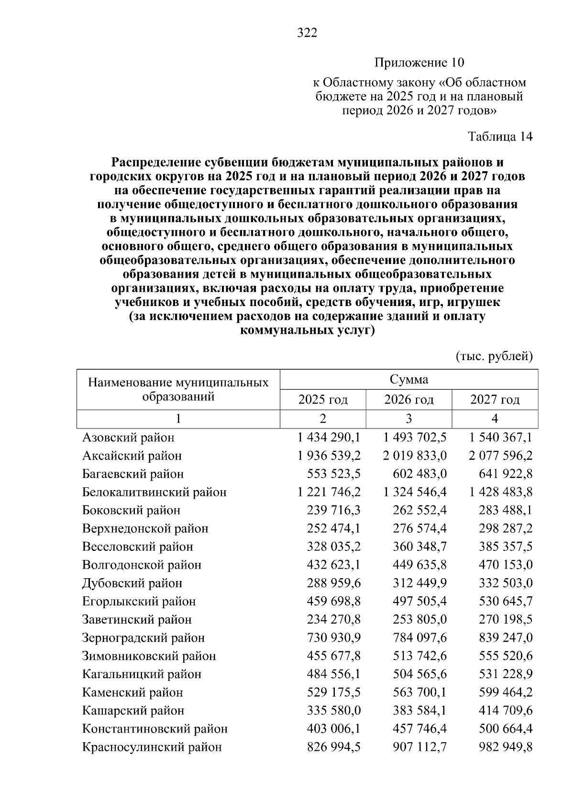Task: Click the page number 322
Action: coord(307,33)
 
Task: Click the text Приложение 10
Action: coord(419,63)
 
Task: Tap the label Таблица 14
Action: coord(500,137)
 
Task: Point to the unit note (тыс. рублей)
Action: coord(494,356)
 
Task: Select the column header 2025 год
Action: coord(323,400)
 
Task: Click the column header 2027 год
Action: coord(495,400)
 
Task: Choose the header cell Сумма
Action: coord(409,380)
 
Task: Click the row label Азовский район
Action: coord(128,438)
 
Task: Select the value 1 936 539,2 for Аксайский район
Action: coord(329,456)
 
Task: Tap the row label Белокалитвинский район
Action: coord(154,492)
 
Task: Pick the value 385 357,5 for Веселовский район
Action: coord(506,547)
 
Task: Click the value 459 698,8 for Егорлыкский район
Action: coord(333,602)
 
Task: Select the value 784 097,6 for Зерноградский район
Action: coord(419,638)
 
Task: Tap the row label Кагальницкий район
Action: coord(142,674)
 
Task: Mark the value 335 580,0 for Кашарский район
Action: coord(333,711)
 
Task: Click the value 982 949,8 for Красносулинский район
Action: coord(506,747)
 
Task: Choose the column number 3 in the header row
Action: coord(408,419)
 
